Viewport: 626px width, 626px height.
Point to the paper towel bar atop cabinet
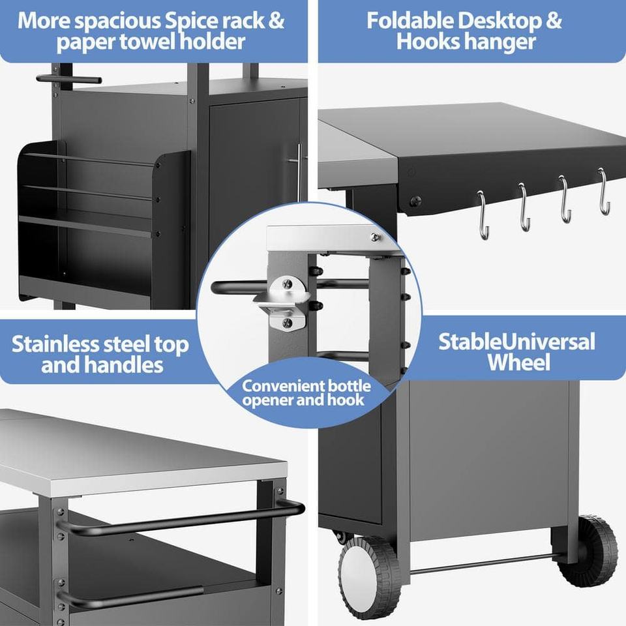click(x=68, y=79)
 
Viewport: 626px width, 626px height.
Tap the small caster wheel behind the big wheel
click(x=340, y=536)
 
